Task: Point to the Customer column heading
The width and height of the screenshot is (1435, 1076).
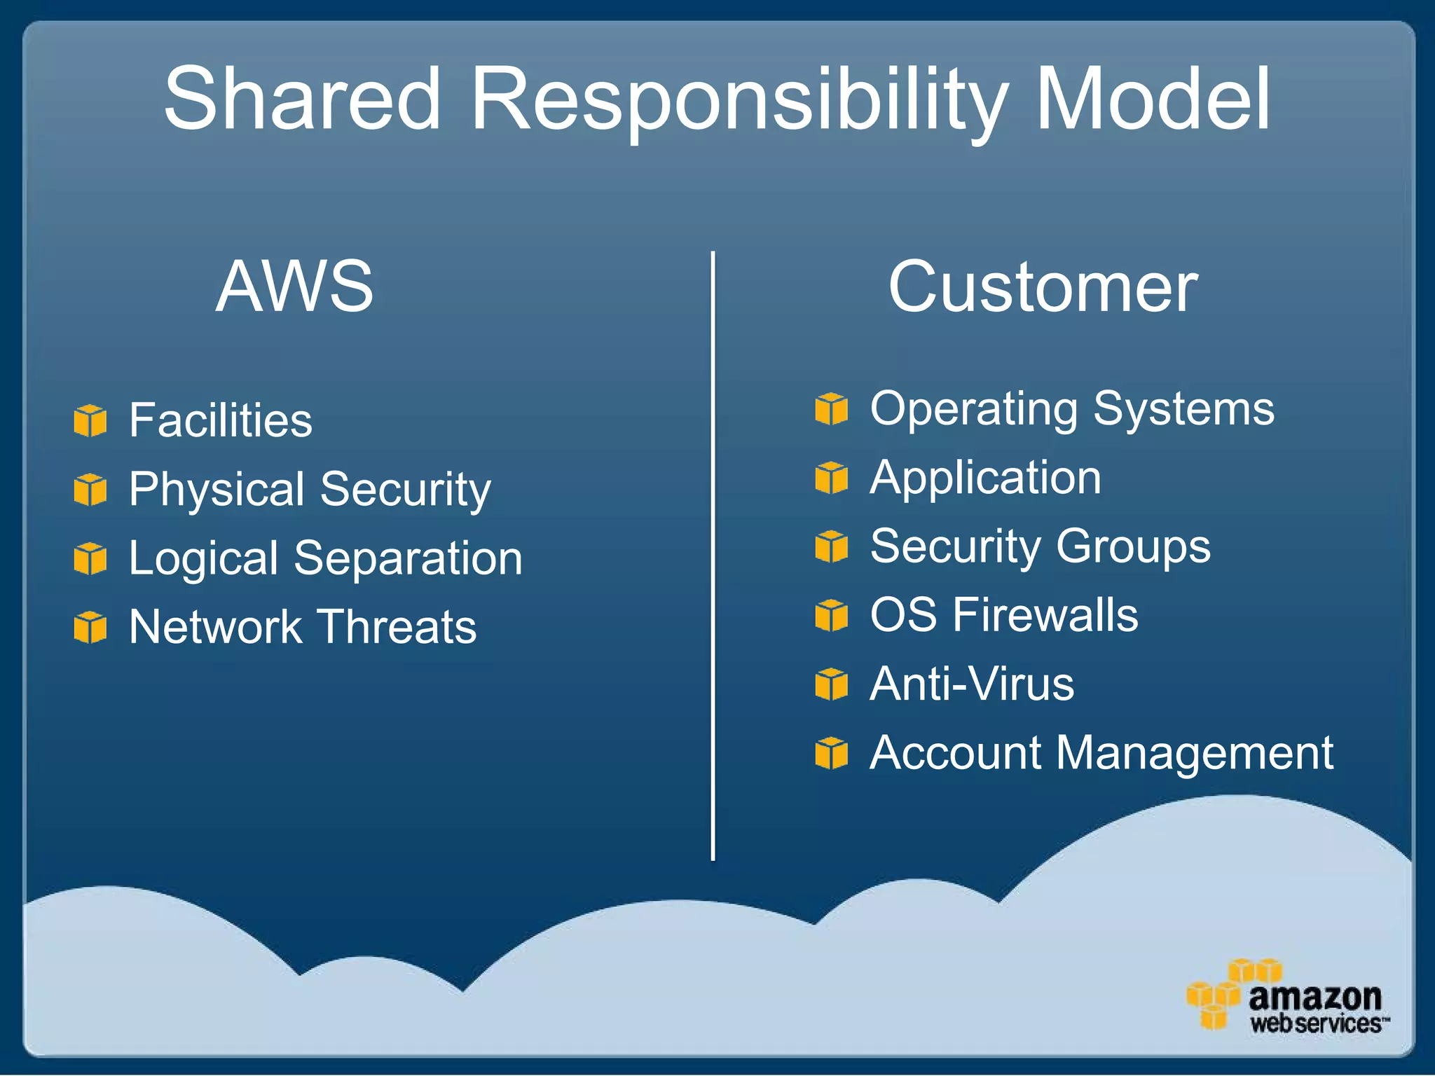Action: click(1043, 287)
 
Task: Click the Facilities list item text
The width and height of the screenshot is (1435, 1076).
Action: click(221, 420)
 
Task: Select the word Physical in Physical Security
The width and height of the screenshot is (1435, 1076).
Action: click(217, 490)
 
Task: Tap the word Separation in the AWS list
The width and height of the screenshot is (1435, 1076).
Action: click(408, 558)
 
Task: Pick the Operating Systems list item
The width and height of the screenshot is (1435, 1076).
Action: click(1072, 409)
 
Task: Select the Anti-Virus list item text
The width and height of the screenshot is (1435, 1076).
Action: click(972, 684)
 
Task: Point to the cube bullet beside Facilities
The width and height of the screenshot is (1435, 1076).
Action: click(90, 420)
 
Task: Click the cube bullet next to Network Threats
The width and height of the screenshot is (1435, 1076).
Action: click(90, 627)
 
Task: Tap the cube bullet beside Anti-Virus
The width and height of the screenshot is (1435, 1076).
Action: click(832, 684)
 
